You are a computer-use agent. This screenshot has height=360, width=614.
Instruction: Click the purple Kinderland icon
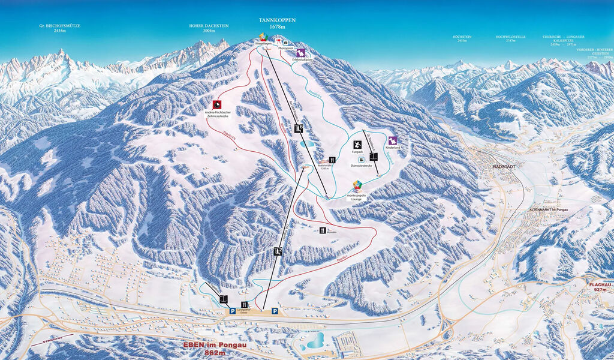pyautogui.click(x=393, y=140)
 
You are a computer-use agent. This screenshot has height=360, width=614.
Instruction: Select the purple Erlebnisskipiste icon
pyautogui.click(x=300, y=53)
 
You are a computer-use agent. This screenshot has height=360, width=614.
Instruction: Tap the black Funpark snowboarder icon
pyautogui.click(x=357, y=145)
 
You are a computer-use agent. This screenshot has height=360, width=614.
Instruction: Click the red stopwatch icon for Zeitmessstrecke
pyautogui.click(x=216, y=104)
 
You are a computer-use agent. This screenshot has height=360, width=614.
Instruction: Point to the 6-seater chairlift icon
pyautogui.click(x=299, y=128)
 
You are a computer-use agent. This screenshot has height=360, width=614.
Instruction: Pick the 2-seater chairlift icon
pyautogui.click(x=278, y=251)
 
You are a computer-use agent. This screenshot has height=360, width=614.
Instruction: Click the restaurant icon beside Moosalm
pyautogui.click(x=323, y=230)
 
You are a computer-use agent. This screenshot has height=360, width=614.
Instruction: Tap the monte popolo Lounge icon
pyautogui.click(x=358, y=185)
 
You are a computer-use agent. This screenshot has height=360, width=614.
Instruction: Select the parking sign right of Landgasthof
pyautogui.click(x=274, y=311)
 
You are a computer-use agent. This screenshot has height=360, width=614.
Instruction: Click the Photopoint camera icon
pyautogui.click(x=285, y=43)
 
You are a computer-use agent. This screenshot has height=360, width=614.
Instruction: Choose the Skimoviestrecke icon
pyautogui.click(x=360, y=158)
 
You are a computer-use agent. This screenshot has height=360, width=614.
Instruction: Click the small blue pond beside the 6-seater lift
pyautogui.click(x=307, y=144)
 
